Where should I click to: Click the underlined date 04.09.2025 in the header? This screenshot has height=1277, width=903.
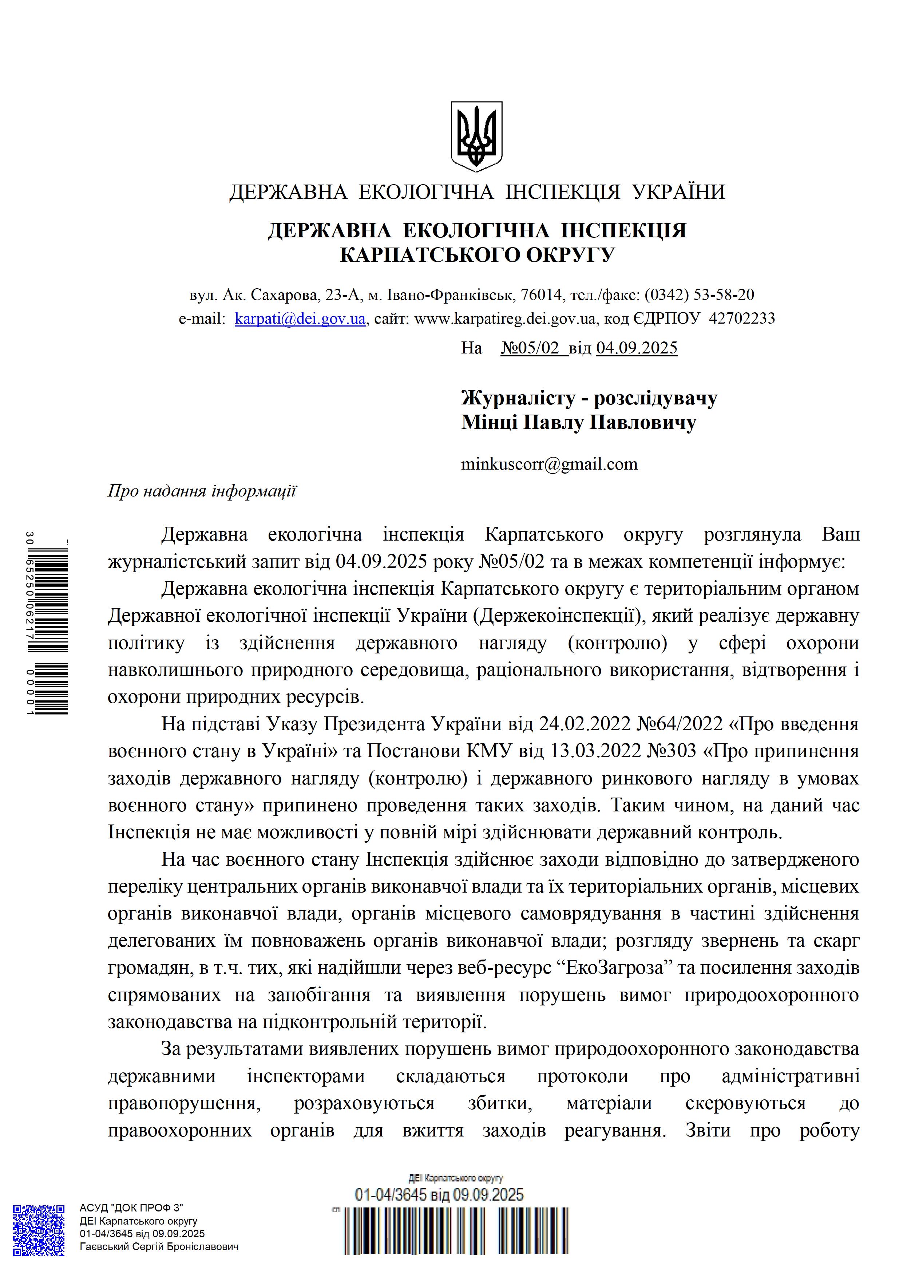[637, 348]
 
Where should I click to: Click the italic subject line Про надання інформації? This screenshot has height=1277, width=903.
[202, 491]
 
